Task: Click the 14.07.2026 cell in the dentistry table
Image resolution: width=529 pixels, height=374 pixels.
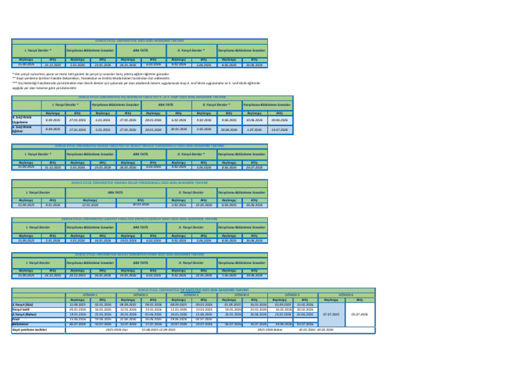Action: pos(279,129)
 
